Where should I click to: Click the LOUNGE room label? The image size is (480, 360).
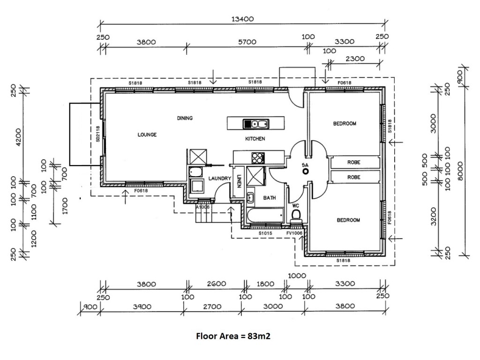point(147,135)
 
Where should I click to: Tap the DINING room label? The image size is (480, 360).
point(185,118)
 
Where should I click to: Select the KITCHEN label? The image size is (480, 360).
point(255,139)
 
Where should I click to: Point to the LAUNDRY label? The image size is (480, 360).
point(220,178)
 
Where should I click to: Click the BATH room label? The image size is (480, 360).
point(270,198)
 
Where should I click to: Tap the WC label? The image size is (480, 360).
point(295,206)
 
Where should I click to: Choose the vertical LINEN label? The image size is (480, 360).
point(239,181)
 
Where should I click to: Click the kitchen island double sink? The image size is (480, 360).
point(256,124)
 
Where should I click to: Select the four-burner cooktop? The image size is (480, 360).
point(258,158)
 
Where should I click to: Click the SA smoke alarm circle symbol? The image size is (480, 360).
point(305,172)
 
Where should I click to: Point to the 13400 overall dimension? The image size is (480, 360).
point(242,19)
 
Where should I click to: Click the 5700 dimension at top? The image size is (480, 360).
point(247,42)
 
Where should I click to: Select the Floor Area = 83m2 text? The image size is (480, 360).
point(233,336)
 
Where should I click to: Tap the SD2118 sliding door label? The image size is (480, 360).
point(98,134)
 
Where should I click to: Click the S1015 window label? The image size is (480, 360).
point(265,233)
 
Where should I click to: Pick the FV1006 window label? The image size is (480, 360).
point(294,233)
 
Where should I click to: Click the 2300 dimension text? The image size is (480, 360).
point(355,59)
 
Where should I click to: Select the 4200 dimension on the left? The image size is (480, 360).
point(19,137)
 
